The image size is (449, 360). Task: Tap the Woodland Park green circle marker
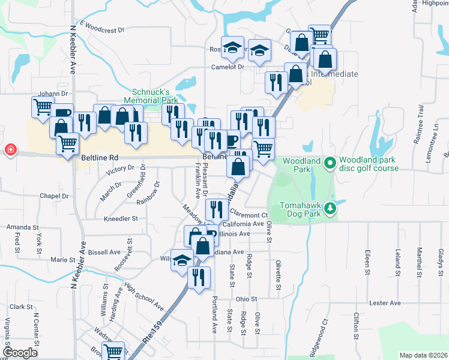tap(329, 163)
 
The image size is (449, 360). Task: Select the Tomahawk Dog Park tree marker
tap(330, 209)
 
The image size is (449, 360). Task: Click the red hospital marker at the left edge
tap(10, 150)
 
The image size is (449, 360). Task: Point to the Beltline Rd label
tap(99, 157)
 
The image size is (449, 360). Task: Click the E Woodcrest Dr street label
tap(101, 28)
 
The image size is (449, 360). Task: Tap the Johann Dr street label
tap(52, 94)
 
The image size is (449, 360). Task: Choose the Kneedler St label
tap(121, 219)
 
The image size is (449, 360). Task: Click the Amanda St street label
tap(22, 227)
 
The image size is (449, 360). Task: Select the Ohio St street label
tap(246, 298)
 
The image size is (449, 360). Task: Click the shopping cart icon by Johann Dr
tap(43, 107)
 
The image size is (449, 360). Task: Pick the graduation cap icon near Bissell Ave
tap(182, 260)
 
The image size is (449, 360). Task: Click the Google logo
tap(20, 353)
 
